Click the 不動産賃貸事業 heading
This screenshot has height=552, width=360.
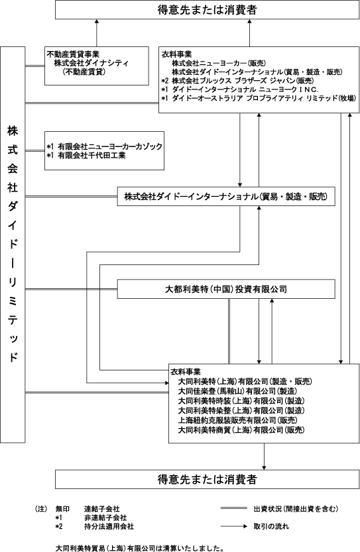pyautogui.click(x=73, y=54)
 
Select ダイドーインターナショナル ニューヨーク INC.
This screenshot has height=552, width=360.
pyautogui.click(x=245, y=89)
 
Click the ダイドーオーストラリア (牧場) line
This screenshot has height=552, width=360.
pyautogui.click(x=264, y=98)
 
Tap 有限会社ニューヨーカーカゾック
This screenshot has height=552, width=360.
pyautogui.click(x=110, y=146)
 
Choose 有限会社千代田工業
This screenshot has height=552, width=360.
pyautogui.click(x=91, y=155)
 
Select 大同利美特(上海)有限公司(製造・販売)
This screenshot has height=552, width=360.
pyautogui.click(x=245, y=381)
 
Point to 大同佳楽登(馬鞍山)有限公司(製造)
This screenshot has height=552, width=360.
pyautogui.click(x=237, y=391)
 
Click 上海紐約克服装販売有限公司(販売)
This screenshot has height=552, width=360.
pyautogui.click(x=237, y=420)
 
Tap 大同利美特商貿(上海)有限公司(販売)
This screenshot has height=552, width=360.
pyautogui.click(x=241, y=429)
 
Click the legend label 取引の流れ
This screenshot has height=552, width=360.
pyautogui.click(x=271, y=526)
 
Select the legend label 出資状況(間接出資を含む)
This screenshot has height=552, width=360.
pyautogui.click(x=296, y=508)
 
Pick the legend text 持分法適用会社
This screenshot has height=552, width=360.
pyautogui.click(x=109, y=527)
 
